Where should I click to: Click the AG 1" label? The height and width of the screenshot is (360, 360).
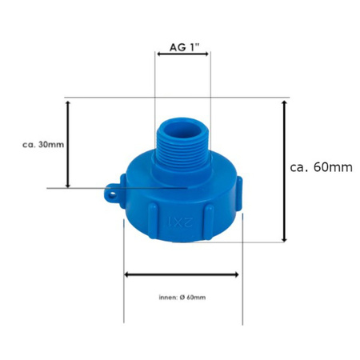(x=184, y=47)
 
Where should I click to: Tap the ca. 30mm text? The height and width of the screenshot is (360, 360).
(x=43, y=145)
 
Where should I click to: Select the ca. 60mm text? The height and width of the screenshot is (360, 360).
(x=321, y=167)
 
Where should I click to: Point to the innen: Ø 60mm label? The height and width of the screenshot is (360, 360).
(x=182, y=298)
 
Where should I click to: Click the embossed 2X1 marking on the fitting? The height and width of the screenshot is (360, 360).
(x=180, y=222)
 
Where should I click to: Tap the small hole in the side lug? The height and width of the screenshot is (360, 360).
(x=112, y=195)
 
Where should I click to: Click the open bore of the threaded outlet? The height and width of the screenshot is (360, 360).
(x=182, y=132)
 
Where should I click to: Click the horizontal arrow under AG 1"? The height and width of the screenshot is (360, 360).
(x=182, y=54)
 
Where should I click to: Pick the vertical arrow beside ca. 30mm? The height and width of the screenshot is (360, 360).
(x=68, y=144)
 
